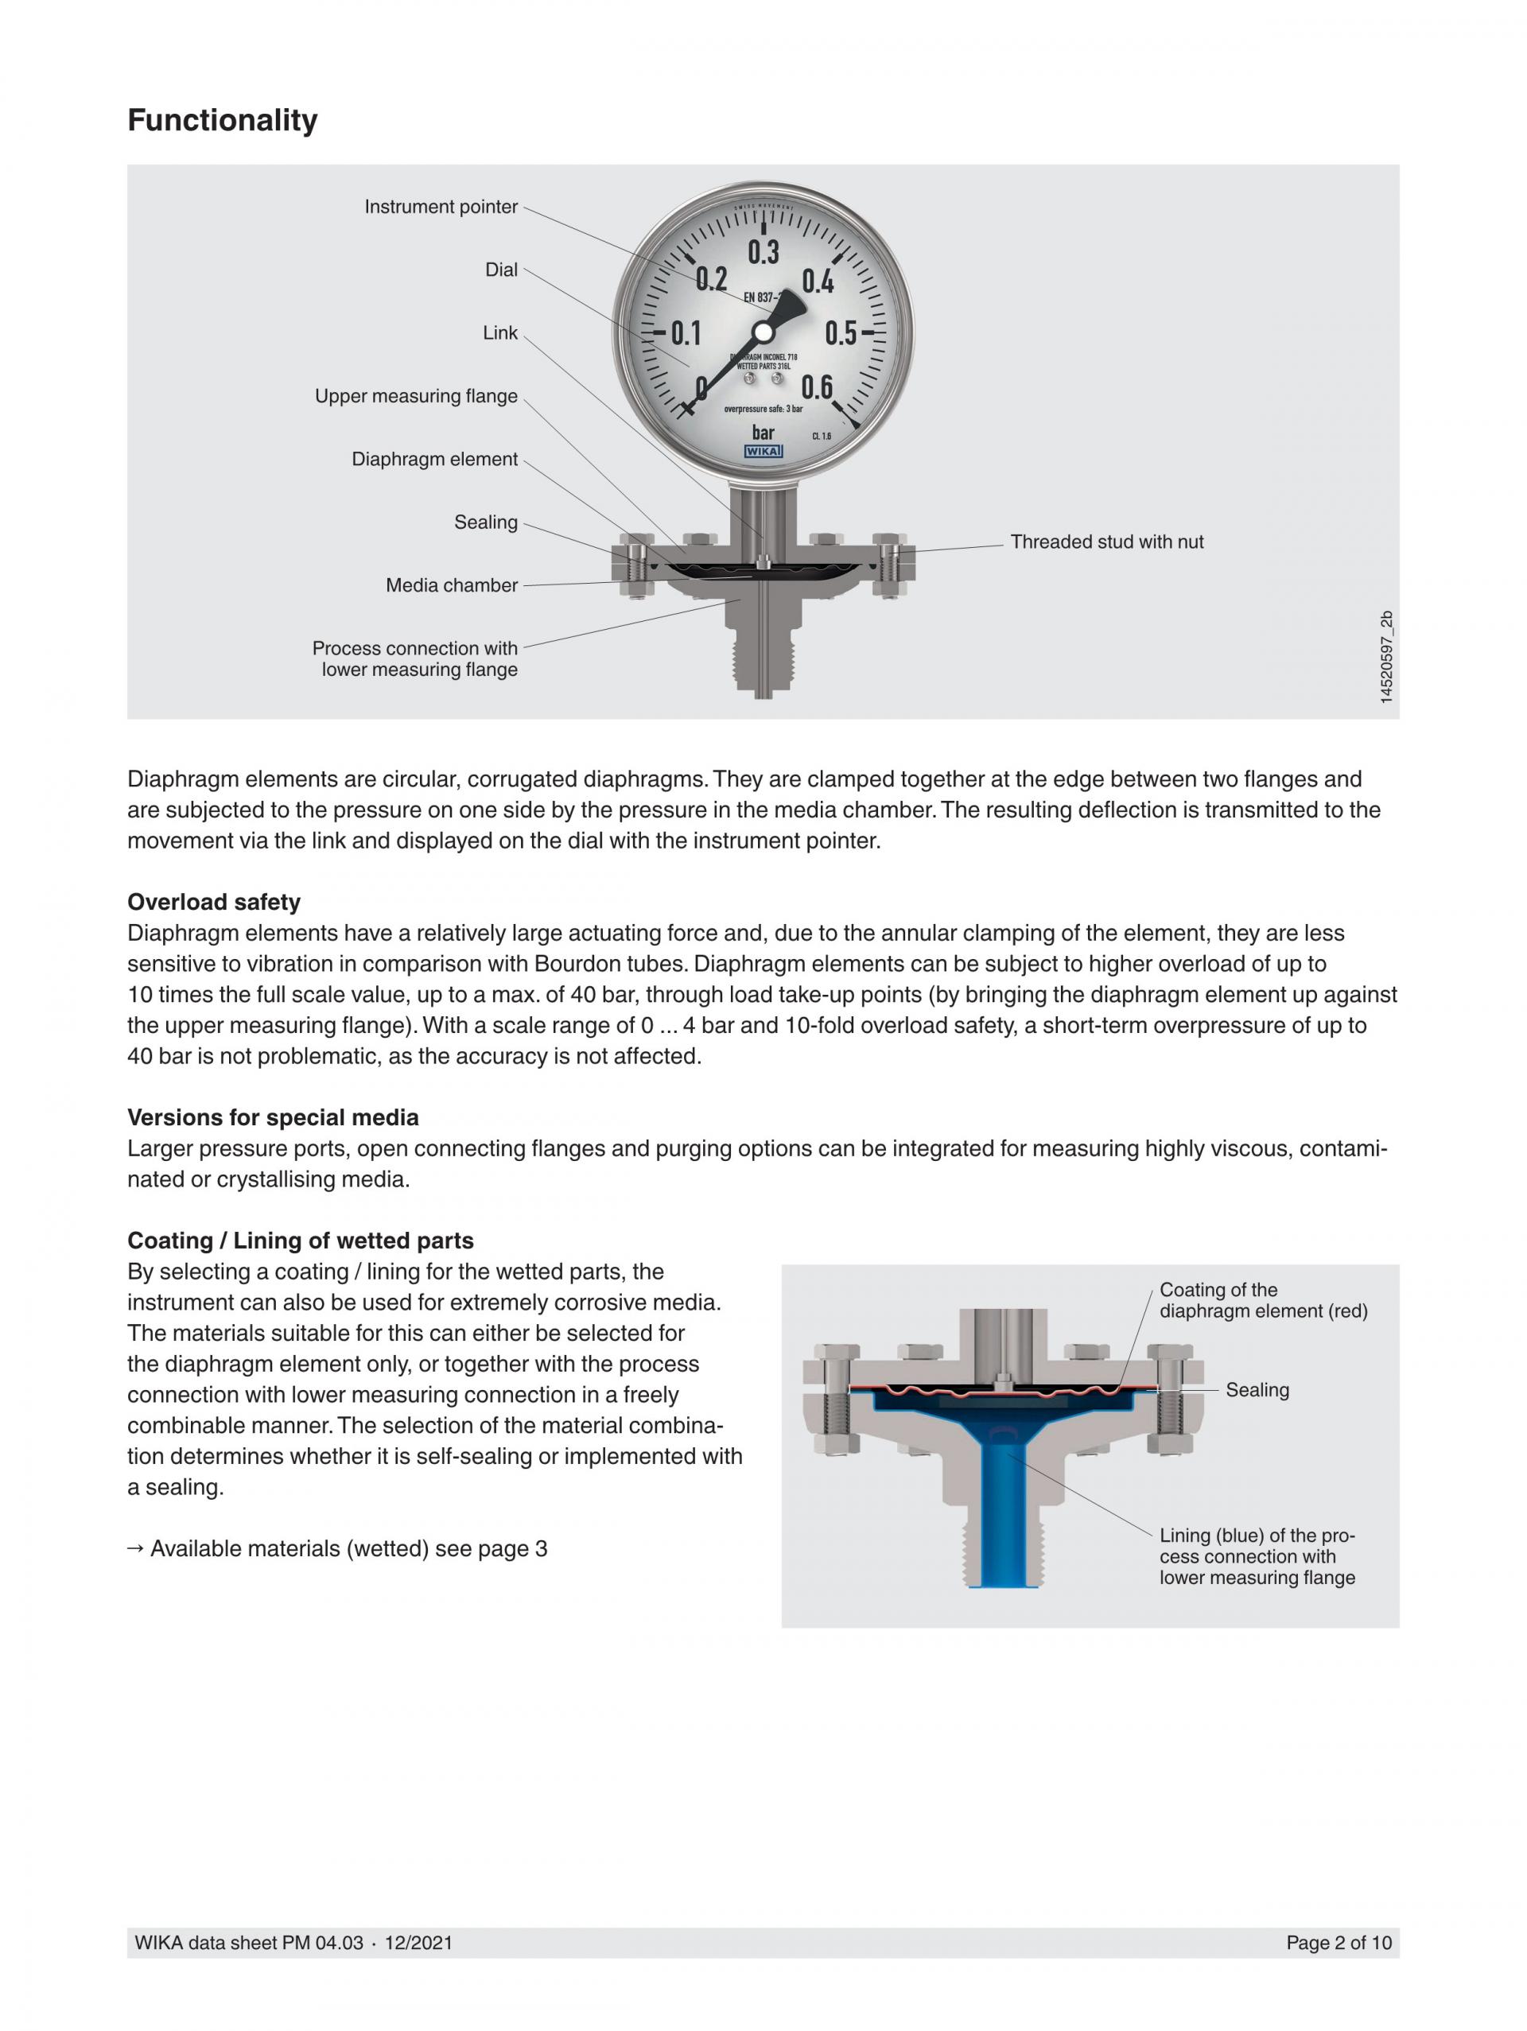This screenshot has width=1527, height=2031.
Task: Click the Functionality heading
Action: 222,120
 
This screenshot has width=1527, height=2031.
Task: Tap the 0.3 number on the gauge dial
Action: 763,251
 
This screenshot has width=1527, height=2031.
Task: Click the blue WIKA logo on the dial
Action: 763,452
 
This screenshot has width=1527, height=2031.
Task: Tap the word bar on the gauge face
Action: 763,433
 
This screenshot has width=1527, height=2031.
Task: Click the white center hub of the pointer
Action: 763,332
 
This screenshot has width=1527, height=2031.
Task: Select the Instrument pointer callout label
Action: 441,207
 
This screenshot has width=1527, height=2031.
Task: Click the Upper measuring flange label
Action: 416,396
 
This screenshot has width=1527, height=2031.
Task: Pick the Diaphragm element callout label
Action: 434,459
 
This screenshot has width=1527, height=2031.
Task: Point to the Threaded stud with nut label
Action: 1106,542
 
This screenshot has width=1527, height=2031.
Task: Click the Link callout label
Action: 500,332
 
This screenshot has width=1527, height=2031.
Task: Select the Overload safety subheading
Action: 214,902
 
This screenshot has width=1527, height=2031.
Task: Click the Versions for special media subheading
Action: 273,1117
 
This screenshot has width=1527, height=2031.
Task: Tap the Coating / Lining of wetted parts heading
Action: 301,1241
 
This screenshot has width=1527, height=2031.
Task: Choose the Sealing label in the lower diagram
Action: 1257,1390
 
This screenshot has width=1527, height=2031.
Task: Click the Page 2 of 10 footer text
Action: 1338,1942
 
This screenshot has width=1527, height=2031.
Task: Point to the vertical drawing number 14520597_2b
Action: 1385,657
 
